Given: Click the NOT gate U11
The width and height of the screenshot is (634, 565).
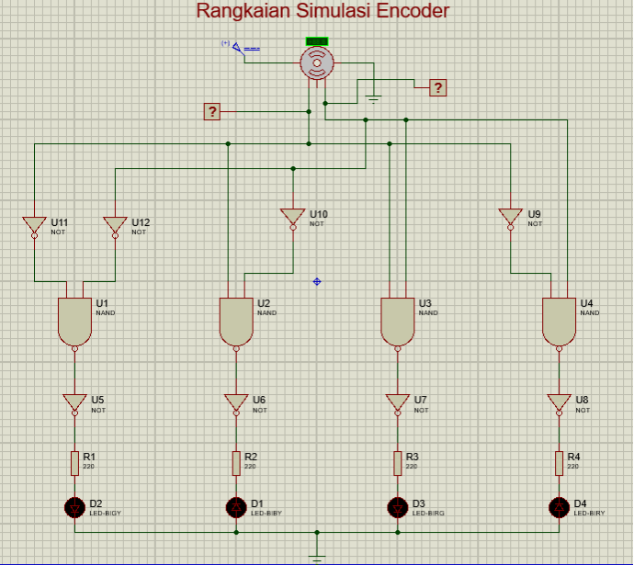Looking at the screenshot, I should coord(34,225).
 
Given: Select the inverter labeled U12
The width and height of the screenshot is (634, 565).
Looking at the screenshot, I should coord(115,225).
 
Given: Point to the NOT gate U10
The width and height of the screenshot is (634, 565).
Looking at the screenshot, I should coord(293,217).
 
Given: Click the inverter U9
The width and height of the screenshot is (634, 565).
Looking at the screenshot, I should coord(510,217).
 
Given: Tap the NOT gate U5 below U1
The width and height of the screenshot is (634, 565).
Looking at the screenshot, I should coord(74,402).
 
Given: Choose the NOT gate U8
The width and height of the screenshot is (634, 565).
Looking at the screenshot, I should coord(559,402).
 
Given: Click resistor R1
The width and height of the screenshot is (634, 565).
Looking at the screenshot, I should coord(74,463).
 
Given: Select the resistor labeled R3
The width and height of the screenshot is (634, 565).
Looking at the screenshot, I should coord(398,463).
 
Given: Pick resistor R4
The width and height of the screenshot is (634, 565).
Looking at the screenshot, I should coord(559,463).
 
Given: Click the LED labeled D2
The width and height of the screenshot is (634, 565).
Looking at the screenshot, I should coord(74,506).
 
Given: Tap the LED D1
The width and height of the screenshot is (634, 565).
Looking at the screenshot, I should coord(236,506).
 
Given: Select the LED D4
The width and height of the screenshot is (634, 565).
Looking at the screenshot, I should coord(559,506).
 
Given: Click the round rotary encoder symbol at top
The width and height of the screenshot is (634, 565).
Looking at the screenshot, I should coord(317,62).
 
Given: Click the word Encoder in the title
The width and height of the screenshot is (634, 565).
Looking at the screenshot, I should coord(405,11).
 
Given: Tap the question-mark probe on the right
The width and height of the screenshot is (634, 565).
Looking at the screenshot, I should coord(438,87).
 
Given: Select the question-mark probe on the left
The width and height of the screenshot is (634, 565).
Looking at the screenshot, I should coord(212,112).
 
